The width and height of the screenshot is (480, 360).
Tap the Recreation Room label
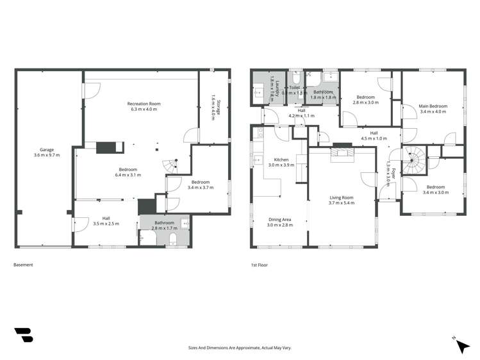pyautogui.click(x=143, y=104)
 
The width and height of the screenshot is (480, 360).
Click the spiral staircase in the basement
pyautogui.click(x=170, y=166)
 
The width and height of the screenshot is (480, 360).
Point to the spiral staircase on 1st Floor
pyautogui.click(x=411, y=158)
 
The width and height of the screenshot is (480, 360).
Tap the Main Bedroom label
pyautogui.click(x=433, y=106)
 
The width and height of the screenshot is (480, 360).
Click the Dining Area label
pyautogui.click(x=279, y=220)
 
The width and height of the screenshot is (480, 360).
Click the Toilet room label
pyautogui.click(x=295, y=87)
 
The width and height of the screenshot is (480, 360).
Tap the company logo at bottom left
pyautogui.click(x=24, y=335)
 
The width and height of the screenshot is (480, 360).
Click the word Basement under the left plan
pyautogui.click(x=23, y=265)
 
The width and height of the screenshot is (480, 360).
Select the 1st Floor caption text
pyautogui.click(x=258, y=265)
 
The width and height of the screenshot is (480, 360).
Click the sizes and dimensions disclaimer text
pyautogui.click(x=239, y=347)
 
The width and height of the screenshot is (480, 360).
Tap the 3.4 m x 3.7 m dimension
pyautogui.click(x=209, y=188)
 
